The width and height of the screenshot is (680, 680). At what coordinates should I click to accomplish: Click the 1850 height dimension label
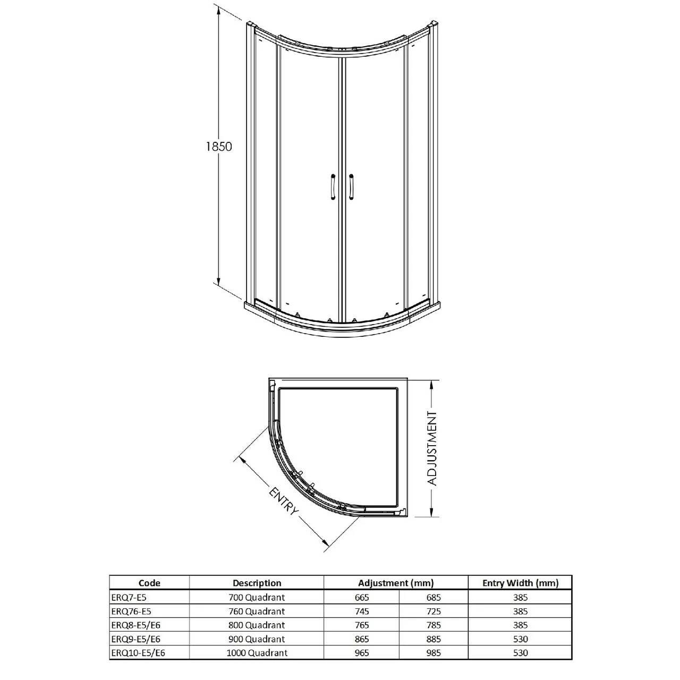click(x=219, y=147)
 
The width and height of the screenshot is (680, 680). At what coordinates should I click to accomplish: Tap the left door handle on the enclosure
click(x=332, y=187)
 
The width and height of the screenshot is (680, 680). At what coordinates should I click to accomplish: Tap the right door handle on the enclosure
click(x=351, y=187)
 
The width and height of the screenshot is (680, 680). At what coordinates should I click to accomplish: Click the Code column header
click(x=149, y=583)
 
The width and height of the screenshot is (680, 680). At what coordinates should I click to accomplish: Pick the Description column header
click(x=257, y=583)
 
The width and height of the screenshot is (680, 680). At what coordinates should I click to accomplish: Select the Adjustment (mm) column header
click(x=396, y=583)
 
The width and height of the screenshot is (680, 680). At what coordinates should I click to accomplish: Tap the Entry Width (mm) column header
click(x=520, y=583)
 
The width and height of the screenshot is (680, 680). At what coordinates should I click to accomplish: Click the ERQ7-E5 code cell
click(x=128, y=597)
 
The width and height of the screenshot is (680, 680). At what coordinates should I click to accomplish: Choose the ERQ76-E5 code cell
click(x=131, y=611)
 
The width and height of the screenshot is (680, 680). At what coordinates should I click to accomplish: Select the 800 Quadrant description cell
click(x=257, y=625)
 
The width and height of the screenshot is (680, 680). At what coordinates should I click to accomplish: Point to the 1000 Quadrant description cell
click(x=257, y=653)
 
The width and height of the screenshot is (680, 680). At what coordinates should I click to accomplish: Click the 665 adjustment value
click(x=362, y=597)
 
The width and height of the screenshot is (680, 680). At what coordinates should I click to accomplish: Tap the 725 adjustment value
click(x=433, y=611)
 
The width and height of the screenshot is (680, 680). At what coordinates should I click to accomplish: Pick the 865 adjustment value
click(x=362, y=639)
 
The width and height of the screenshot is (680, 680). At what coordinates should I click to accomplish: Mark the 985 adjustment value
click(x=433, y=653)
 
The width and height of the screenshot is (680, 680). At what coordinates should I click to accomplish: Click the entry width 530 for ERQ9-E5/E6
click(x=520, y=639)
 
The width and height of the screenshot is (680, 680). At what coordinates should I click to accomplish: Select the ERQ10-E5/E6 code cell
click(x=138, y=653)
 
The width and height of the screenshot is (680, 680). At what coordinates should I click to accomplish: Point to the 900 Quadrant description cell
click(x=257, y=639)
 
